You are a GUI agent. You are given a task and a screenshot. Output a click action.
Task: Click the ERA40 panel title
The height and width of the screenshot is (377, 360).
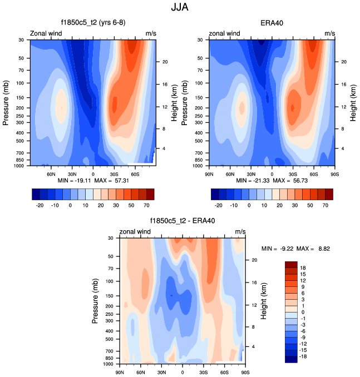(272, 23)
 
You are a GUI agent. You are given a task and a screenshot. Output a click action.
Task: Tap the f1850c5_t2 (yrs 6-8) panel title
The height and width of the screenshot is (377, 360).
(93, 23)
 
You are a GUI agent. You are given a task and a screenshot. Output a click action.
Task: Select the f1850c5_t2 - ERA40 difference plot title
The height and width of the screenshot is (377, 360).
(183, 221)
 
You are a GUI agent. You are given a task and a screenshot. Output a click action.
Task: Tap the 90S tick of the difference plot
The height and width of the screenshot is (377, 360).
(245, 372)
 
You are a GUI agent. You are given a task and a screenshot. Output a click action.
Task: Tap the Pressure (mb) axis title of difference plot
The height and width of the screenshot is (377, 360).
(96, 301)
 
